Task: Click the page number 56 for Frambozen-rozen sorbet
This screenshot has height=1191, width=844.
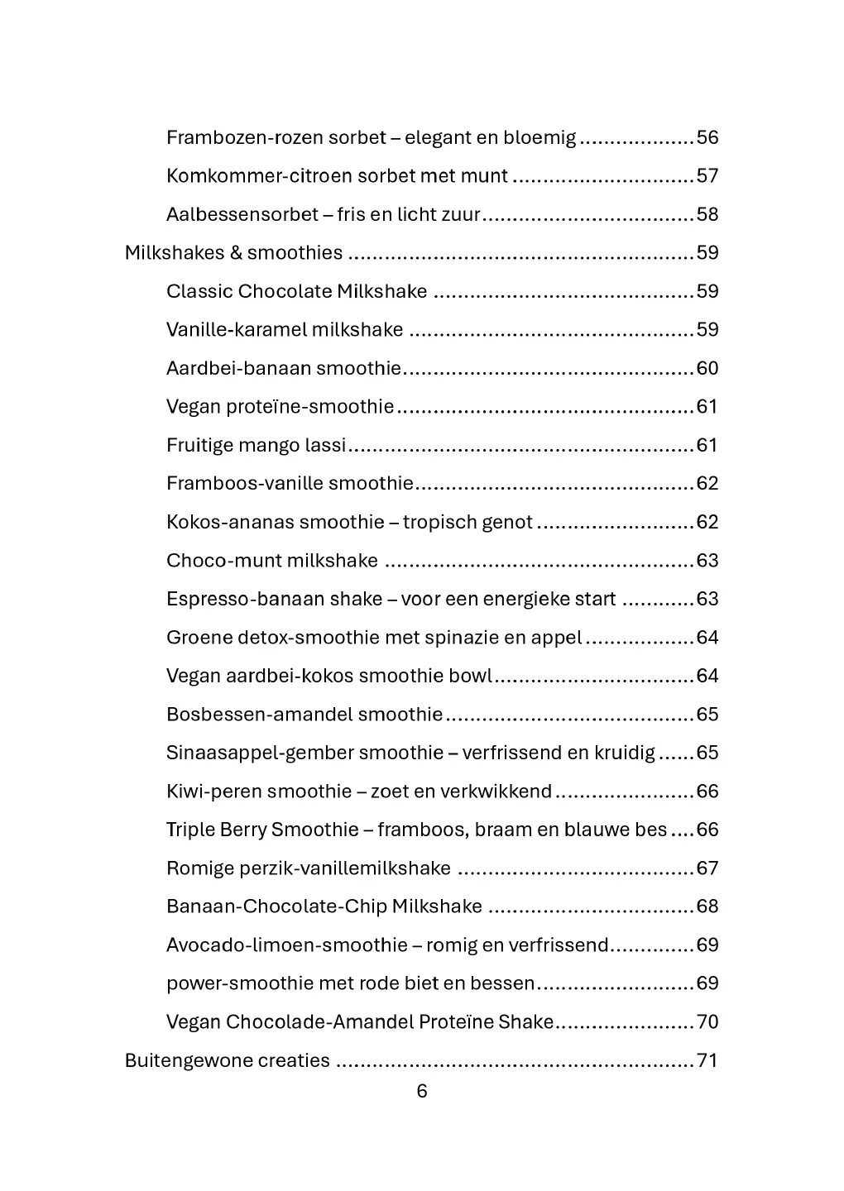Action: coord(707,137)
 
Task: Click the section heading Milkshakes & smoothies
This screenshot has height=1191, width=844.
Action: coord(233,253)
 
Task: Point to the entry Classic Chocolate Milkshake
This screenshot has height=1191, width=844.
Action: coord(296,291)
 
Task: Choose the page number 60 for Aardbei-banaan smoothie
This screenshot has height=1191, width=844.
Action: coord(707,368)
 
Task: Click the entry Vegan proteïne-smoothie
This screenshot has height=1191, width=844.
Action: coord(280,407)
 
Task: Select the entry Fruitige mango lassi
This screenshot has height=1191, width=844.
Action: coord(256,445)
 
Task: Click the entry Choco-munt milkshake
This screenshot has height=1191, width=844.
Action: coord(271,561)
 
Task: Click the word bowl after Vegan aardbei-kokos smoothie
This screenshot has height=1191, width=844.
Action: coord(470,676)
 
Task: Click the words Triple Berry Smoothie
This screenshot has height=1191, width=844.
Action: coord(262,830)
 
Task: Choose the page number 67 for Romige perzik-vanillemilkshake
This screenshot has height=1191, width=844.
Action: coord(707,868)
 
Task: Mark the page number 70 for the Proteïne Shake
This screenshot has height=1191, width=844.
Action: coord(707,1022)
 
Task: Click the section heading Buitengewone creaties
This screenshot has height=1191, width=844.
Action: coord(227,1061)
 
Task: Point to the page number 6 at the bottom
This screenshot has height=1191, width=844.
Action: coord(422,1092)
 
